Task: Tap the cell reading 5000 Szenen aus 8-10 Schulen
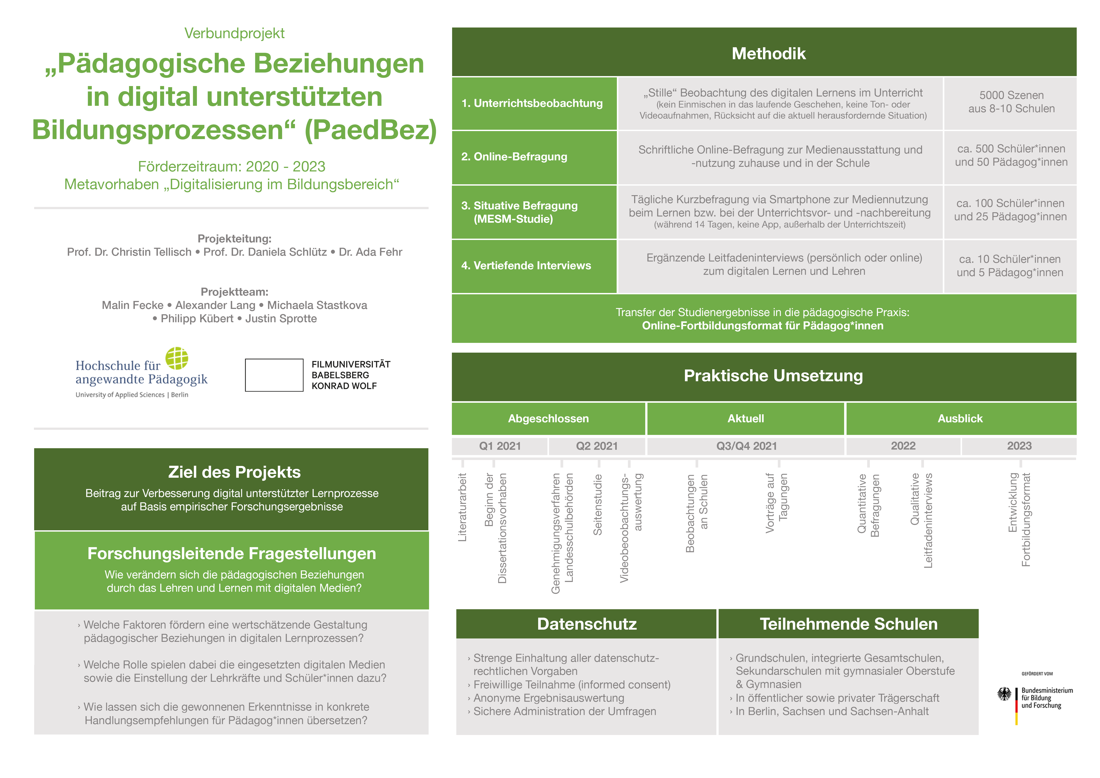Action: coord(1011,102)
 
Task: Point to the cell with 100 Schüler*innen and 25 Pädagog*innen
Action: coord(1010,210)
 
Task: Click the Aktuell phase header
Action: coord(745,419)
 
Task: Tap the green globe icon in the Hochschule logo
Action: coord(177,358)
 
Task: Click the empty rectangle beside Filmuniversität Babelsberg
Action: coord(274,375)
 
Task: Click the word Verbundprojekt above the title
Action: coord(234,33)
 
